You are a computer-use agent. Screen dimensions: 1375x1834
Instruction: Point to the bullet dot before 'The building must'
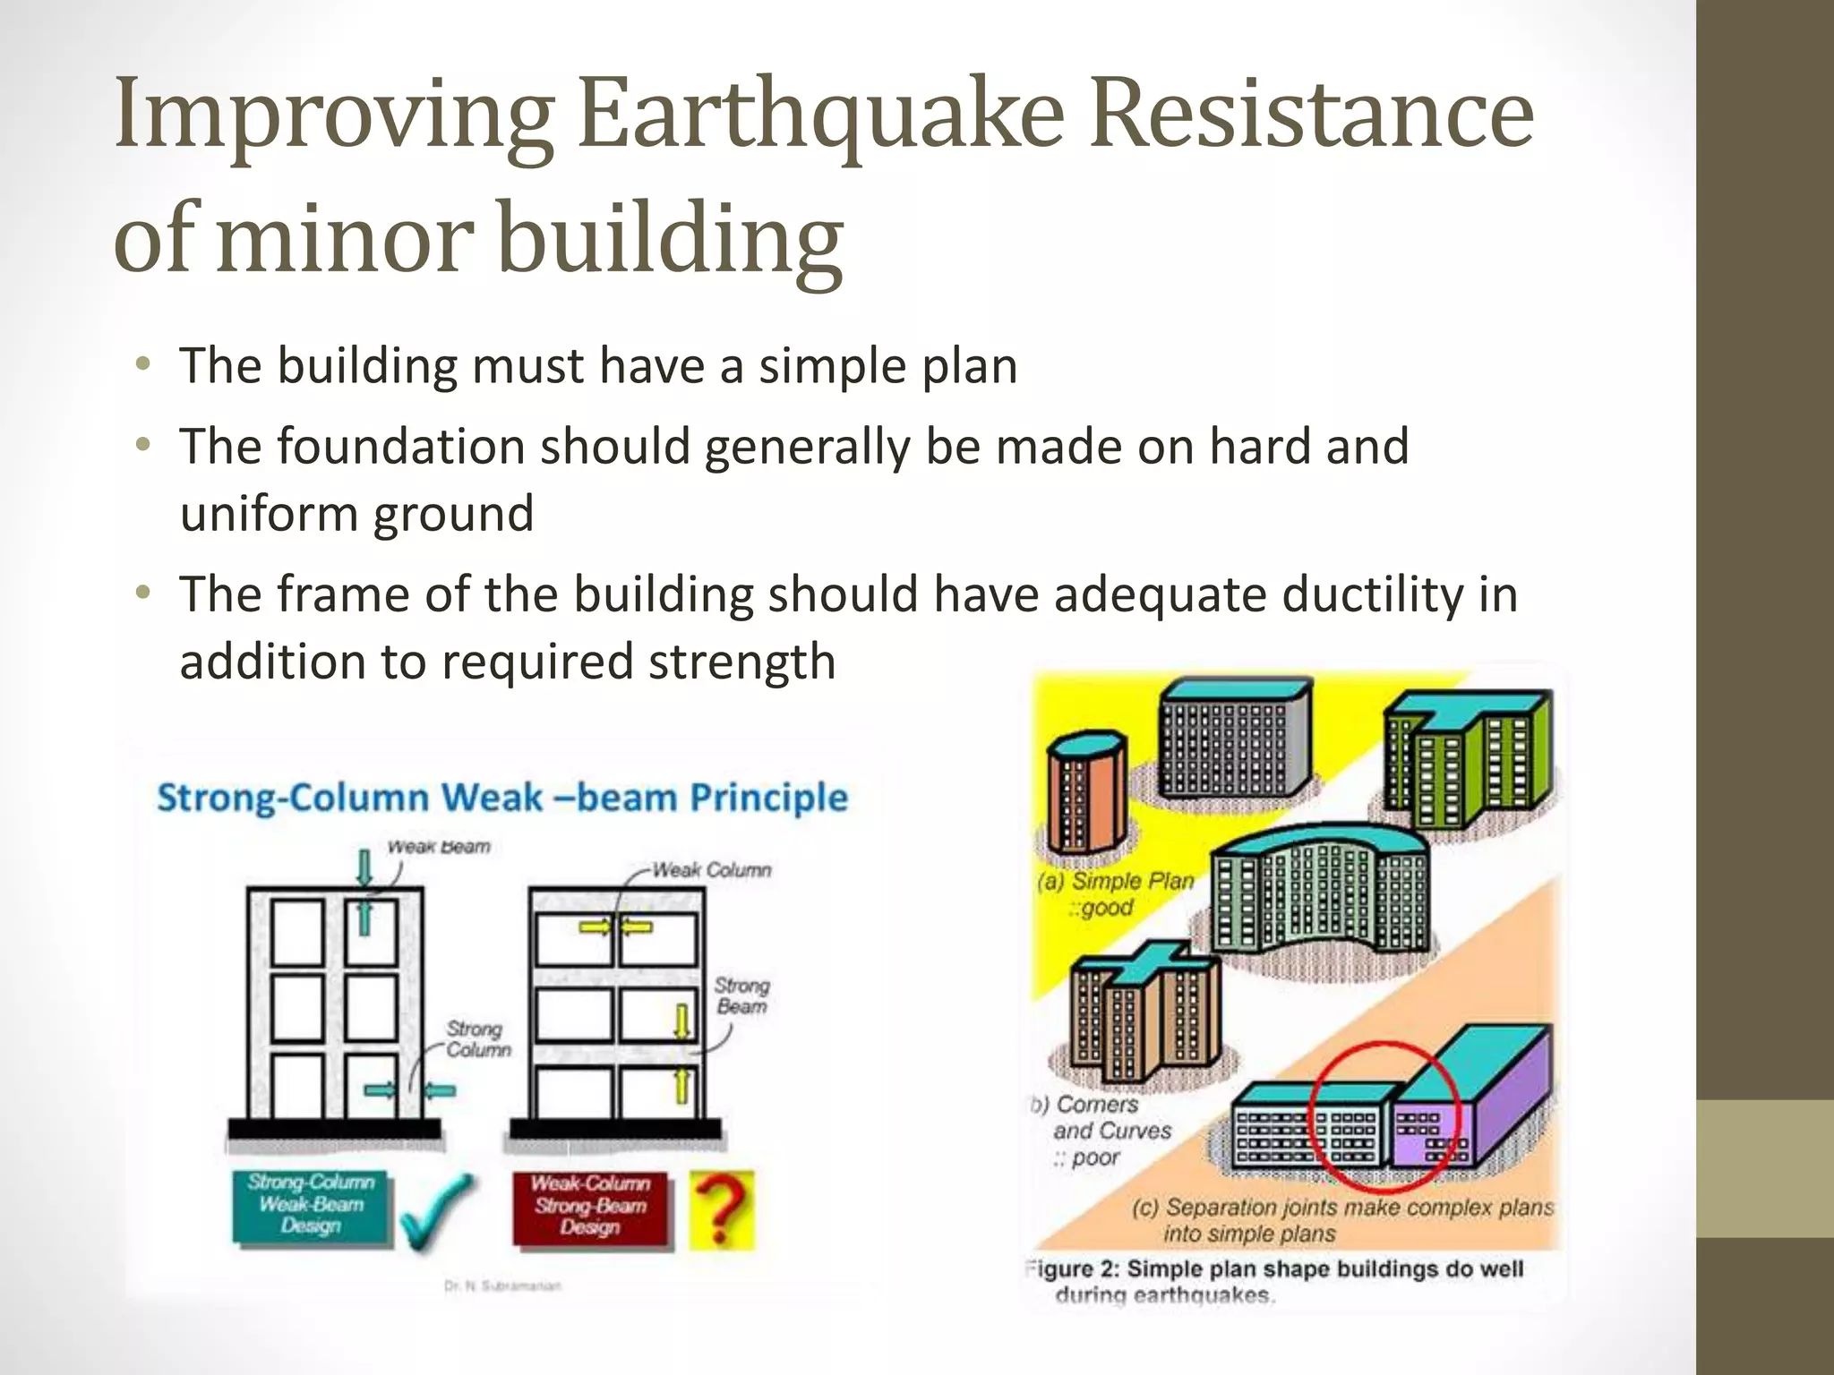tap(143, 365)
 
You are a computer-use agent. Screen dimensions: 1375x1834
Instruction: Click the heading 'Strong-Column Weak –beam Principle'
tap(501, 797)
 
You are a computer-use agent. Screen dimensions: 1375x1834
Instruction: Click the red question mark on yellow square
tap(722, 1209)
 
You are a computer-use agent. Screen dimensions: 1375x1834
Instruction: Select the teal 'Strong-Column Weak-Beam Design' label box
tap(311, 1205)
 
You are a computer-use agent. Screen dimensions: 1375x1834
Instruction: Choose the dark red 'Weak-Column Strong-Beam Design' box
tap(590, 1206)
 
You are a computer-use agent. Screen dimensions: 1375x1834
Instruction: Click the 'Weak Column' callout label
tap(711, 870)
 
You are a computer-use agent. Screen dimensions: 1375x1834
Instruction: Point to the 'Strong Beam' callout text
tap(741, 995)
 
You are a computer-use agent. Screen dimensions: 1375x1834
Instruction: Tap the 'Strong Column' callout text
tap(477, 1039)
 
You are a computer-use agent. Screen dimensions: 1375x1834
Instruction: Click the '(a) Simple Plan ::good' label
tap(1115, 894)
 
